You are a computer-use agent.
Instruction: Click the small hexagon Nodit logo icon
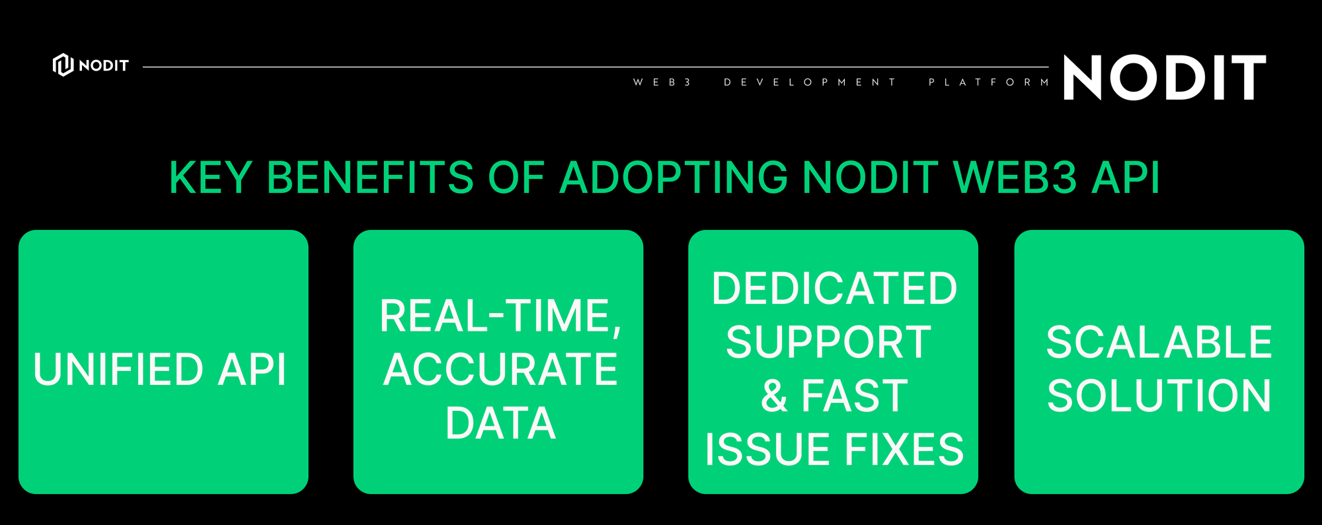[63, 65]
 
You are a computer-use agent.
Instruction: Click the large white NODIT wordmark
[1165, 77]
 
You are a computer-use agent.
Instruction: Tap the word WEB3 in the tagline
[662, 83]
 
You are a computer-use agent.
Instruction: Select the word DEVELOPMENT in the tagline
[810, 83]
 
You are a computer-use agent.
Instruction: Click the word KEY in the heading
[210, 178]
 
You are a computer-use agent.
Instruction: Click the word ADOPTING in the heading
[674, 178]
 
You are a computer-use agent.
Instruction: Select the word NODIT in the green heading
[870, 178]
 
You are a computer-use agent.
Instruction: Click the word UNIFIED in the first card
[118, 369]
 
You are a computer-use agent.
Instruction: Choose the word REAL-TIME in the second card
[500, 316]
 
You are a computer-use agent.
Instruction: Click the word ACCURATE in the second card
[500, 369]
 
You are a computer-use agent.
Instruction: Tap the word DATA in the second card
[500, 423]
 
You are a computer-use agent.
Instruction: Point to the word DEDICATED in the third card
[834, 289]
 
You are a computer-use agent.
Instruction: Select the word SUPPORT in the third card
[829, 342]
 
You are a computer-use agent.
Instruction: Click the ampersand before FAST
[774, 396]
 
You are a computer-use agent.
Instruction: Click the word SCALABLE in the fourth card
[1159, 342]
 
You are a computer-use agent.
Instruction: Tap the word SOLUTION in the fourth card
[1159, 396]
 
